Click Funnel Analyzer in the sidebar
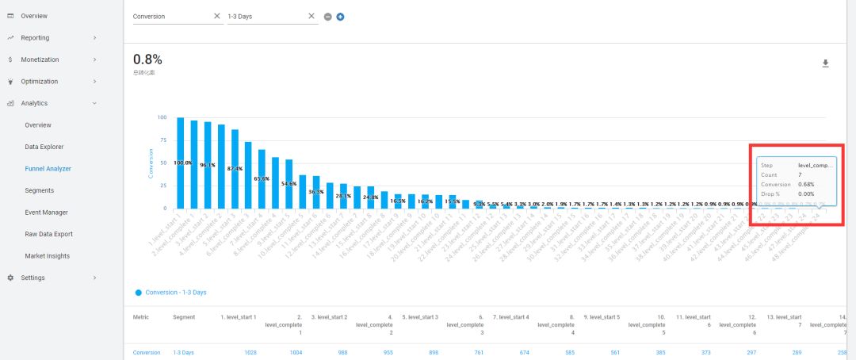point(48,168)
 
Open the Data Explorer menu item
point(44,147)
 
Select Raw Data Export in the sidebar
point(48,234)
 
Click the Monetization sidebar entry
point(40,59)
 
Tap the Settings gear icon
point(10,278)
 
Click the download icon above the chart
point(825,63)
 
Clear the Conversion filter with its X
point(217,16)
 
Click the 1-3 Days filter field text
point(239,16)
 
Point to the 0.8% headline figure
point(147,59)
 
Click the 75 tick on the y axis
point(162,140)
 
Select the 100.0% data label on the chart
point(183,163)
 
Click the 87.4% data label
point(235,169)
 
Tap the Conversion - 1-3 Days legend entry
point(175,293)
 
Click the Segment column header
point(184,317)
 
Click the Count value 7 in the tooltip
point(800,174)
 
